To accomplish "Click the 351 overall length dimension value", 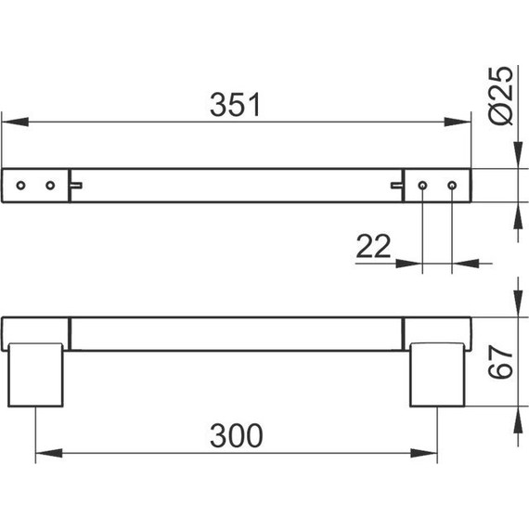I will (236, 105).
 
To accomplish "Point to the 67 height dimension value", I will (500, 360).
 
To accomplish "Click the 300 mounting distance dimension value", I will (236, 436).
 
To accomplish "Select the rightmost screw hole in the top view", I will (452, 186).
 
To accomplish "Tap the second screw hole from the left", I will (49, 186).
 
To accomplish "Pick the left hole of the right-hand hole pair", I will (422, 186).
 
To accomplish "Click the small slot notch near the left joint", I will (76, 186).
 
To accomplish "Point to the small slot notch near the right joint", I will (397, 186).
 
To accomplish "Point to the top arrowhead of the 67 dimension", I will (516, 305).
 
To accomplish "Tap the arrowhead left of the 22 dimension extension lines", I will (409, 263).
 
